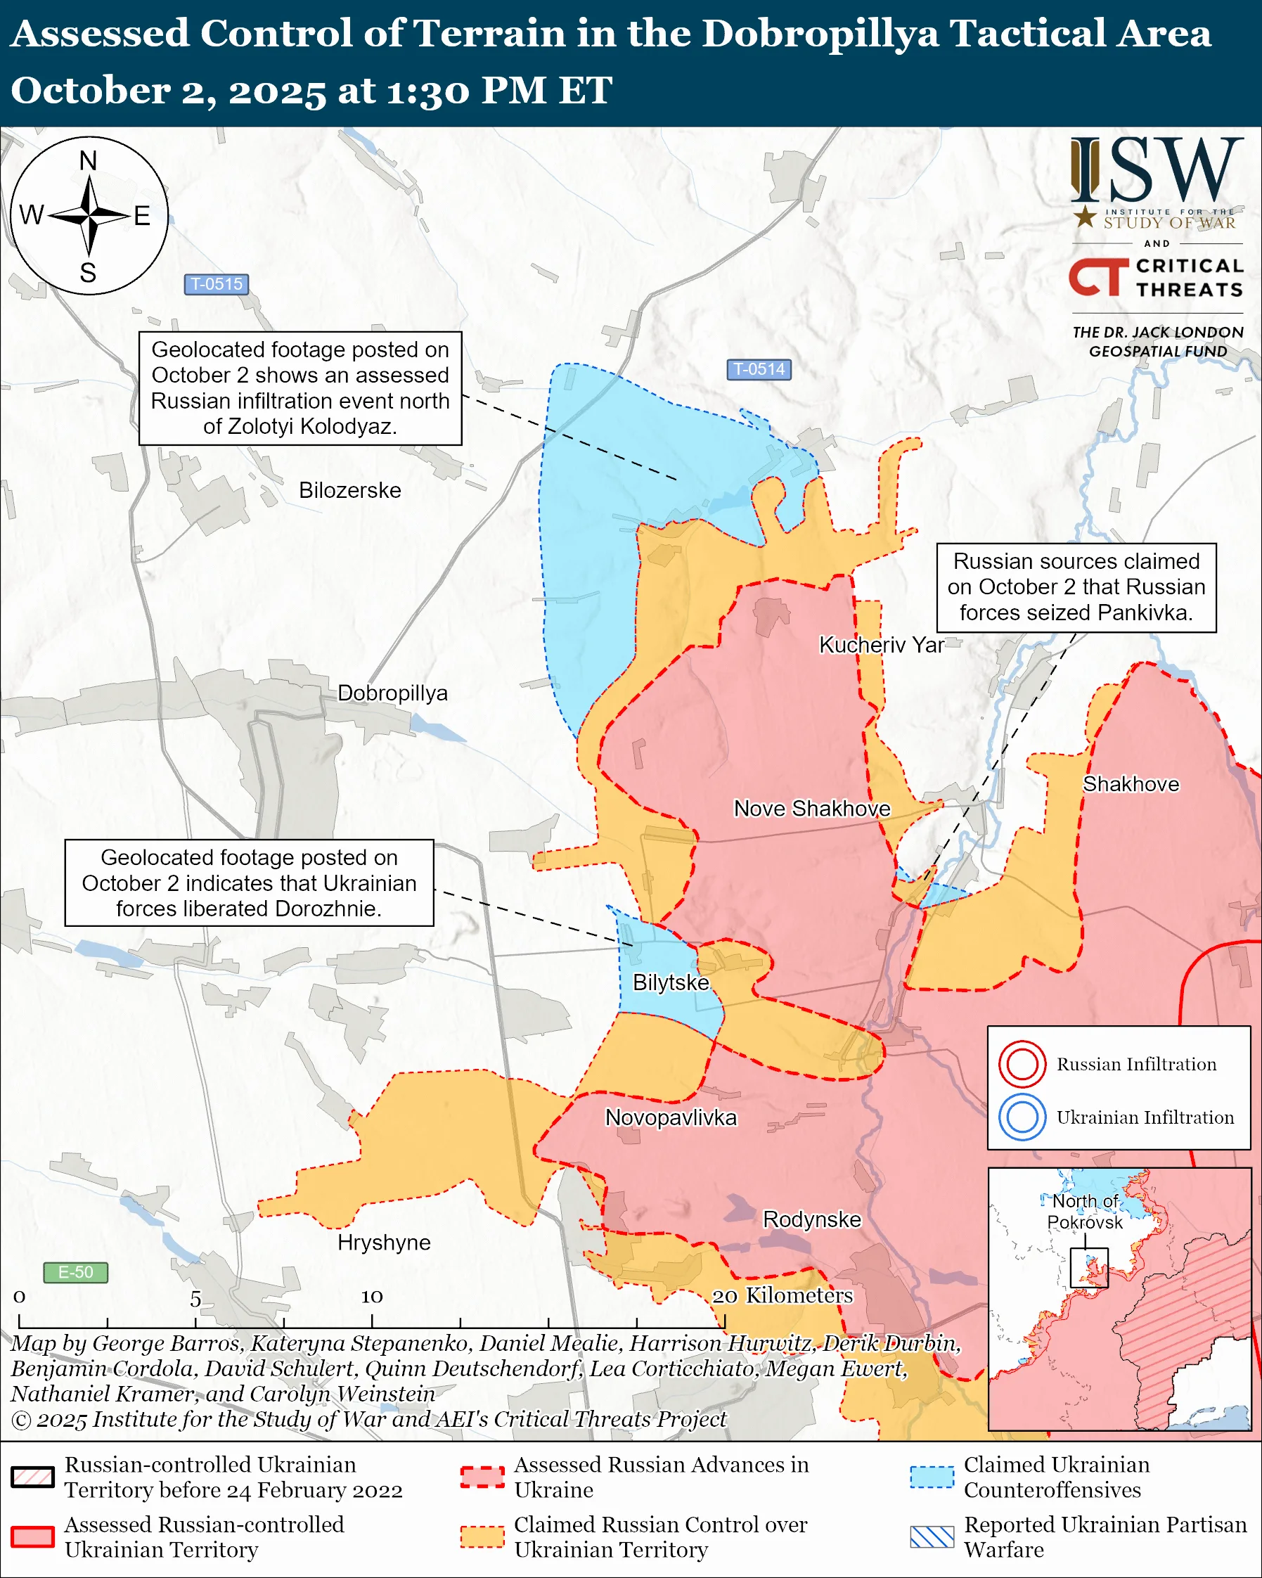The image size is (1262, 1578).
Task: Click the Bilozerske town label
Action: [x=349, y=490]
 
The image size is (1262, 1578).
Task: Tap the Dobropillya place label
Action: [x=392, y=693]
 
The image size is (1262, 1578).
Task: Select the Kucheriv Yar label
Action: [x=881, y=645]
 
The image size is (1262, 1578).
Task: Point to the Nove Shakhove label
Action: [x=811, y=809]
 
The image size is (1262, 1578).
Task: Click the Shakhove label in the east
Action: [x=1131, y=785]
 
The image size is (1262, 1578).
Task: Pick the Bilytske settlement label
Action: [x=670, y=983]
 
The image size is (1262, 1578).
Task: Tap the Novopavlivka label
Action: [x=670, y=1117]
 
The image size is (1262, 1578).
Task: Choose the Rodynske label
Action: [x=811, y=1219]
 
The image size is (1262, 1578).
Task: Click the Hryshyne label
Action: [x=383, y=1243]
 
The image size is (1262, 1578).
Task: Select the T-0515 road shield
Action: [x=216, y=284]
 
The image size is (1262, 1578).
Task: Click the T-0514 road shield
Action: [x=759, y=370]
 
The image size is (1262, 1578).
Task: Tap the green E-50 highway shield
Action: [x=75, y=1272]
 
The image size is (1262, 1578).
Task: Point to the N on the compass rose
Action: [x=88, y=160]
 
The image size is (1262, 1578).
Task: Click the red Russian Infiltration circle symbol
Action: [x=1022, y=1063]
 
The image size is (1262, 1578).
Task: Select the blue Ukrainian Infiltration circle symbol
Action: [x=1022, y=1117]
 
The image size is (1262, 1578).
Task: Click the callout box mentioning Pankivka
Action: [x=1076, y=588]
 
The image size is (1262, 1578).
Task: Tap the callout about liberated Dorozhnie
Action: [x=249, y=883]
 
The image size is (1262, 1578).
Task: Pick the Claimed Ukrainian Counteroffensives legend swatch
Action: [x=932, y=1477]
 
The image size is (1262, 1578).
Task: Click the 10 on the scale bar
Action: [x=372, y=1297]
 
